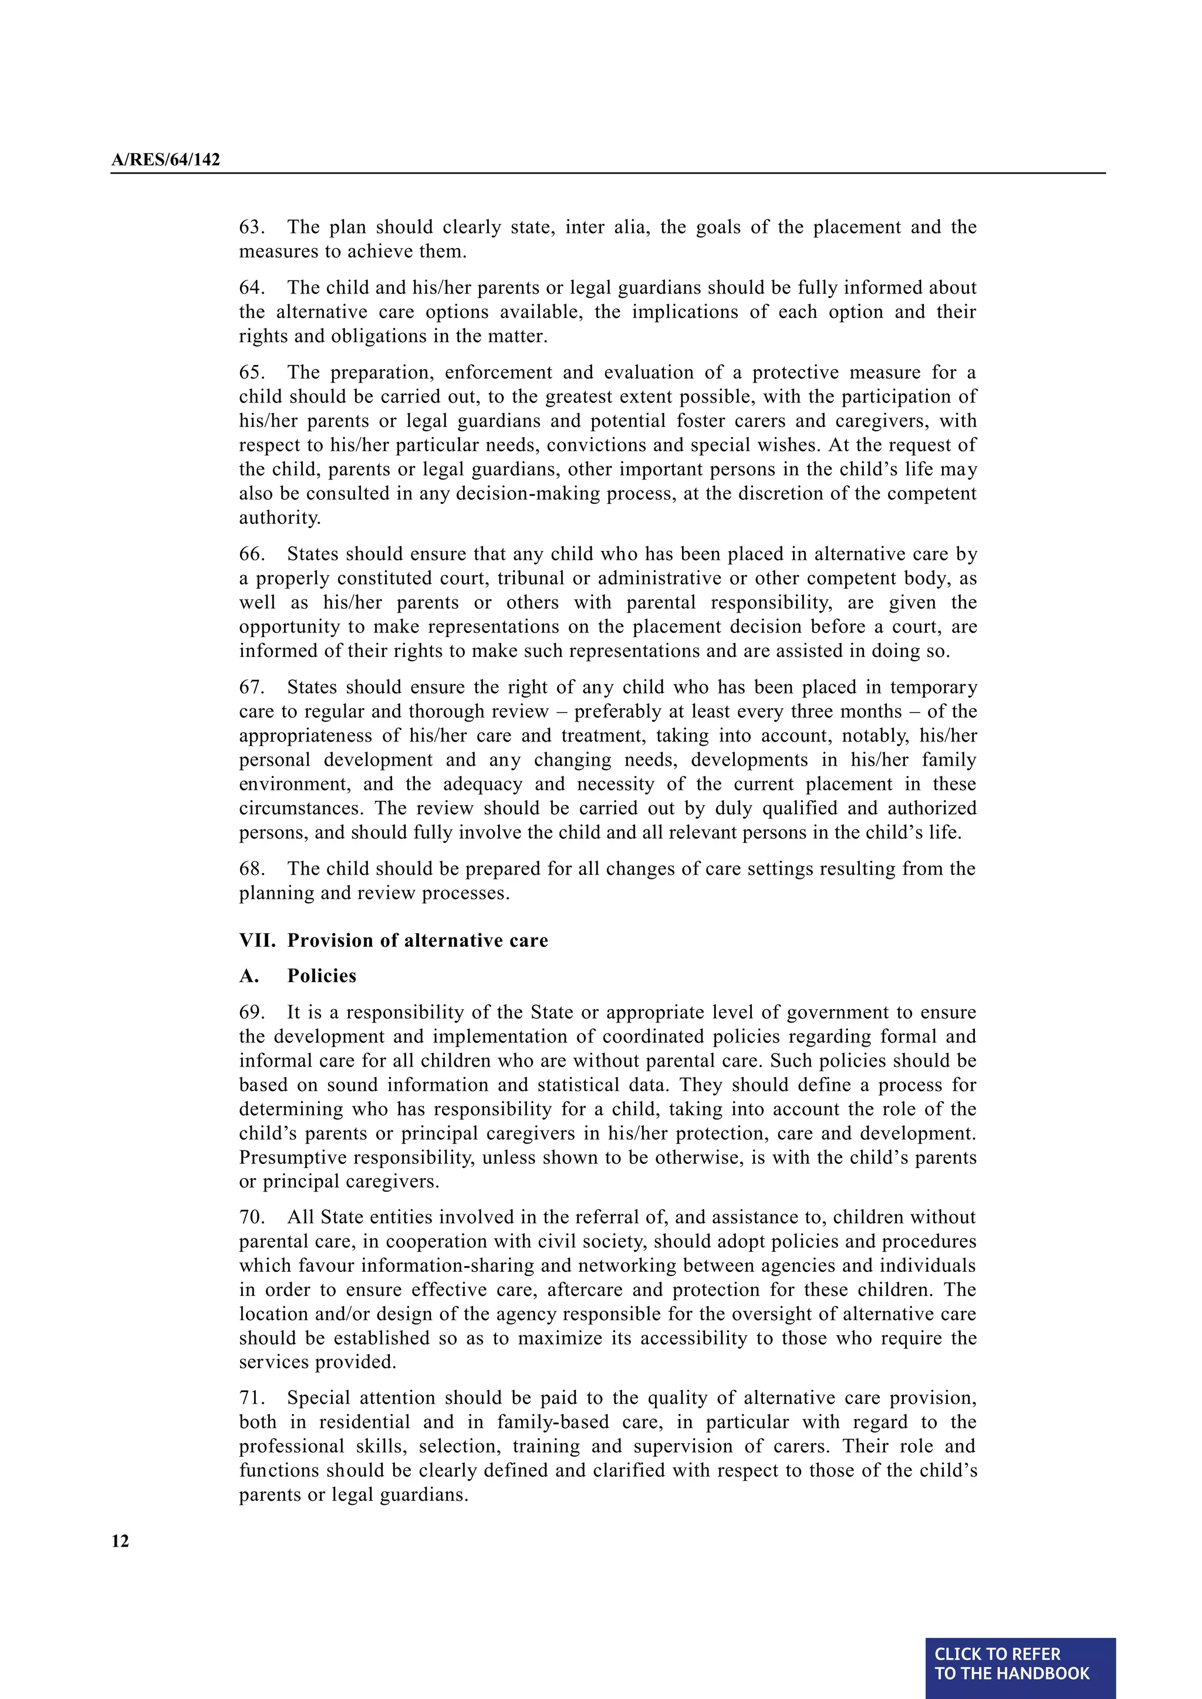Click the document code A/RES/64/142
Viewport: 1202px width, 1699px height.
(x=165, y=160)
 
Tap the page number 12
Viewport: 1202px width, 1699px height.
(x=120, y=1541)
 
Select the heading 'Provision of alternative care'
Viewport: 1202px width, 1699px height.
(x=417, y=940)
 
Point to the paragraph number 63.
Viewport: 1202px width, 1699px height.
(x=251, y=227)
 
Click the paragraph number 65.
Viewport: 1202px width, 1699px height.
(x=251, y=372)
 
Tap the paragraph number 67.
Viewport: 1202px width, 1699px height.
(x=251, y=688)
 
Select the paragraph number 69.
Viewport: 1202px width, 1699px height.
(x=251, y=1012)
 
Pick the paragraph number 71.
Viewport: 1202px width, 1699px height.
(x=251, y=1398)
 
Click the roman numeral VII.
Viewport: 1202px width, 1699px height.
(x=256, y=940)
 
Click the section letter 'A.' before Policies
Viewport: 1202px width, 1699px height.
(x=249, y=976)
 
